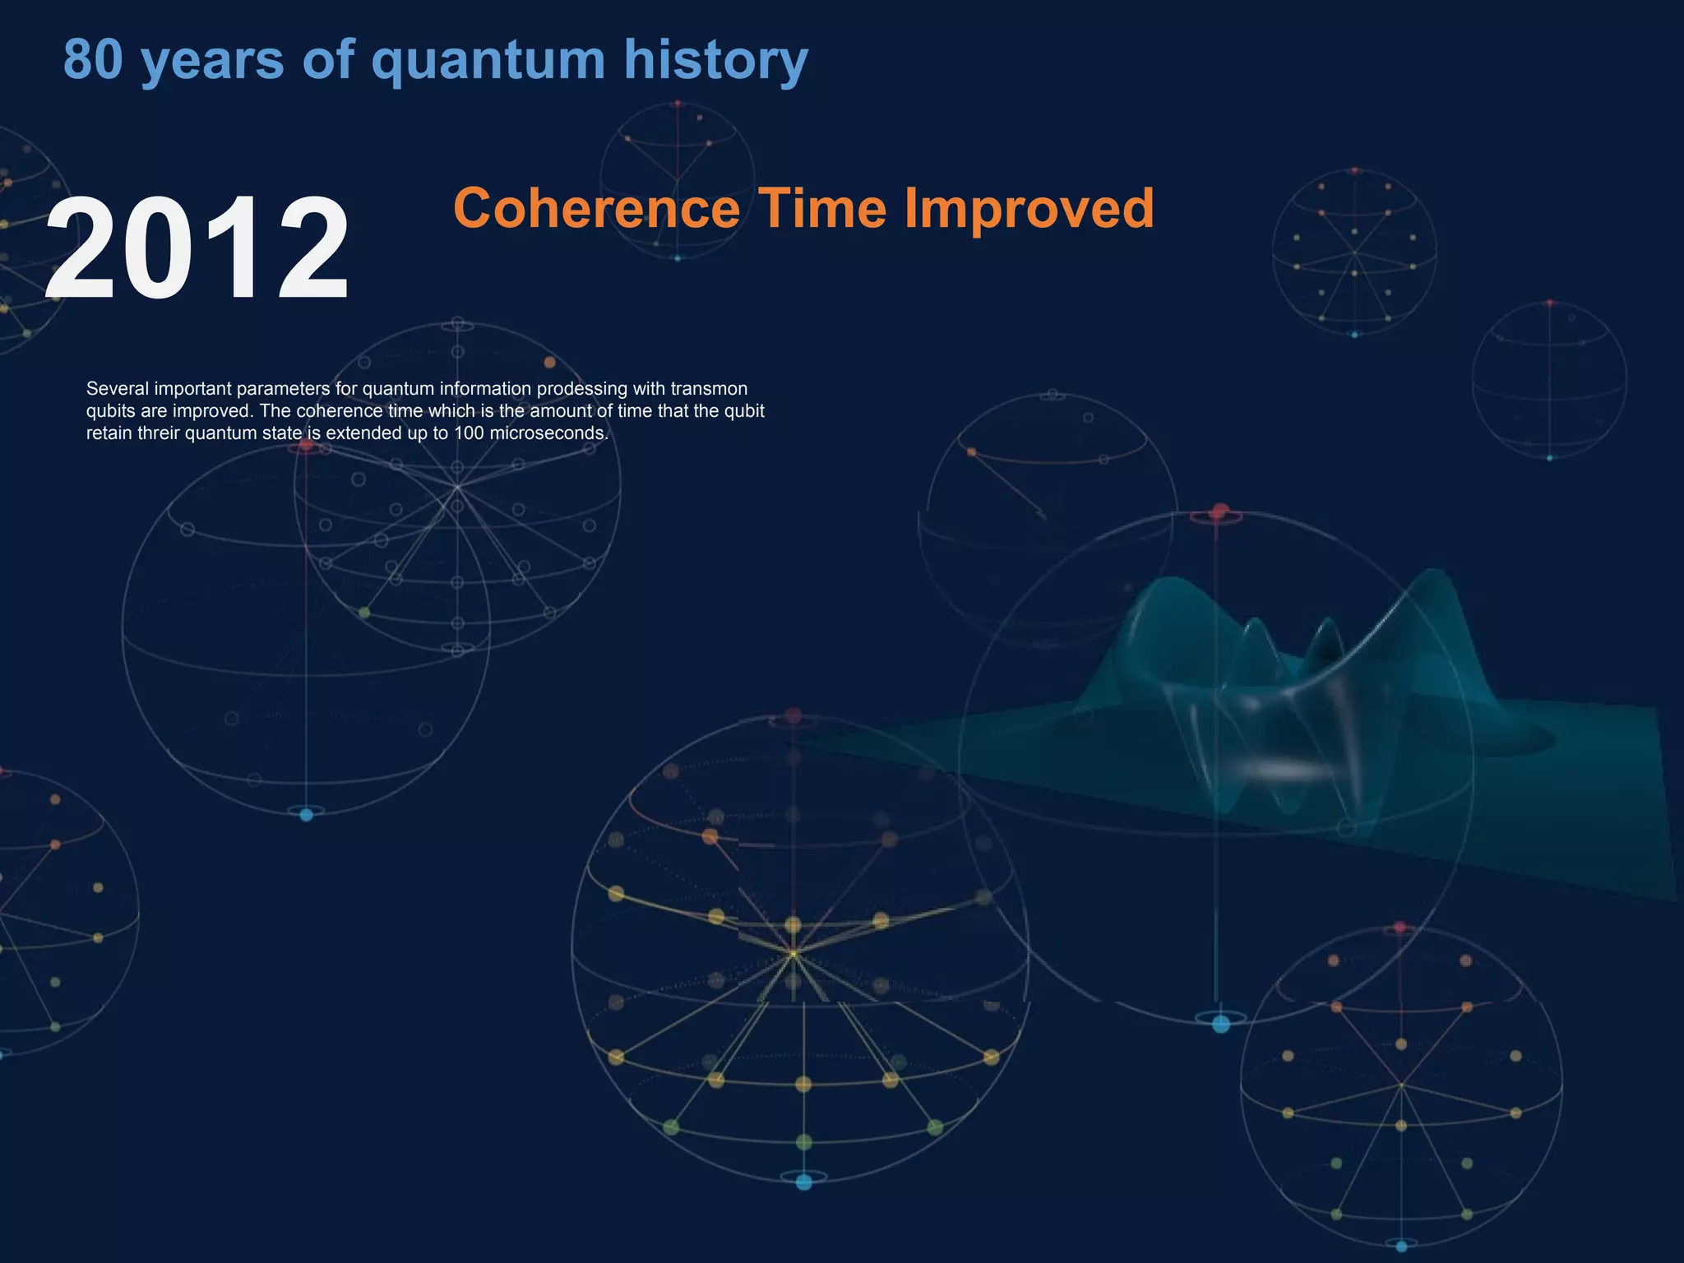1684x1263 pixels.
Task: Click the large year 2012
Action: [x=197, y=248]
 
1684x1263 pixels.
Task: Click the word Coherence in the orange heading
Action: [x=596, y=208]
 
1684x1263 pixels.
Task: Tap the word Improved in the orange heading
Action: [x=1029, y=210]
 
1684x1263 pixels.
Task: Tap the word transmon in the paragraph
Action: [x=709, y=389]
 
